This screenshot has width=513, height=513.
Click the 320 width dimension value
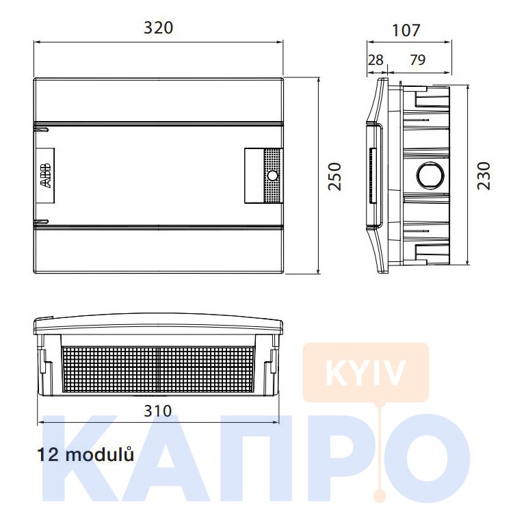(x=159, y=28)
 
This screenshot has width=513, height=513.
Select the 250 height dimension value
(x=335, y=176)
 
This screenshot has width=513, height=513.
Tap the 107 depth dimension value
(x=406, y=30)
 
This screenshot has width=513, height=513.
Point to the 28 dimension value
(x=376, y=60)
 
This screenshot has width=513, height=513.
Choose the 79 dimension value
(x=418, y=60)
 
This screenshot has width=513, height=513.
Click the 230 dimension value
(x=484, y=176)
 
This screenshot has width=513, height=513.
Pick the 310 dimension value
(x=158, y=411)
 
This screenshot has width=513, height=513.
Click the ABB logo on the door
(x=46, y=175)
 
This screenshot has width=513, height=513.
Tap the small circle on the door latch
(x=272, y=176)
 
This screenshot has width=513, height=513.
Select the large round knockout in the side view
(x=430, y=175)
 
